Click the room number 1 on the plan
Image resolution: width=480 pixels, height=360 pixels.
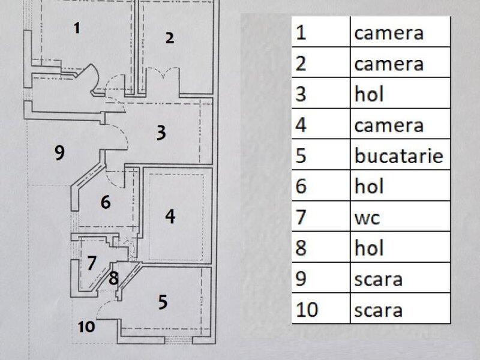(x=77, y=28)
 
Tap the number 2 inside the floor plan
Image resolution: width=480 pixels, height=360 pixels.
(x=170, y=38)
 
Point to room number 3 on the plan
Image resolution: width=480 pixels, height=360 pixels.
(x=161, y=133)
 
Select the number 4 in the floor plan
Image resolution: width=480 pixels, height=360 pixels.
(x=170, y=216)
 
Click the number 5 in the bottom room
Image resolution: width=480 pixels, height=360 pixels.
(x=163, y=302)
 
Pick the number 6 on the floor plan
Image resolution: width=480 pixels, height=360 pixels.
(x=106, y=202)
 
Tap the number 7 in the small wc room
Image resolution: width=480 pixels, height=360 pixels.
(x=92, y=263)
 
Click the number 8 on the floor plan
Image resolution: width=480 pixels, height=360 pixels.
(x=113, y=278)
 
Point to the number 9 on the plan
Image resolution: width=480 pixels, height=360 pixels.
(x=59, y=152)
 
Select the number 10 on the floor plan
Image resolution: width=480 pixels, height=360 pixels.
(x=86, y=327)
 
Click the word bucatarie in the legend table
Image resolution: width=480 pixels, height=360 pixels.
(x=399, y=156)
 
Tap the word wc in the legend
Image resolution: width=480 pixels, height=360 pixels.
(x=367, y=218)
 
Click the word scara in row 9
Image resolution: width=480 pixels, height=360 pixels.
(x=379, y=280)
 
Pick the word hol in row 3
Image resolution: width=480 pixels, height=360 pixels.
(x=369, y=94)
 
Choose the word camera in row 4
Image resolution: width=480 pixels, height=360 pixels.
(x=389, y=126)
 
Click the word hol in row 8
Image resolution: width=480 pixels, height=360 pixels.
(x=369, y=248)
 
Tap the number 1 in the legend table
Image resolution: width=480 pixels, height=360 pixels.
(x=301, y=33)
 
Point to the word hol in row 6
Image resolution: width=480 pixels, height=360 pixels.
(x=369, y=186)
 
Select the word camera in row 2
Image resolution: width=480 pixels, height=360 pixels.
(x=389, y=64)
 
